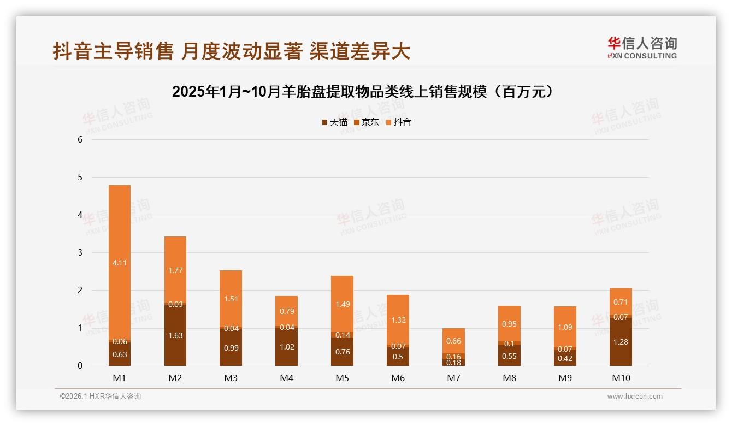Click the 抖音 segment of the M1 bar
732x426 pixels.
coord(120,262)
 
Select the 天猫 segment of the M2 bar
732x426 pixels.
coord(175,335)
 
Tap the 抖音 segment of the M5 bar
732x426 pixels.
coord(343,304)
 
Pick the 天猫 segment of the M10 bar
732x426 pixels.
coord(621,342)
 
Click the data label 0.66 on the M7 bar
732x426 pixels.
coord(453,341)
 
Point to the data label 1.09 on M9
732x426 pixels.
coord(565,327)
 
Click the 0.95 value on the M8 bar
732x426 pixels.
coord(509,324)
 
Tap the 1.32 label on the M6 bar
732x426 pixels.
coord(398,320)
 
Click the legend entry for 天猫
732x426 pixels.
coord(334,122)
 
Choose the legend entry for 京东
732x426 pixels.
coord(367,122)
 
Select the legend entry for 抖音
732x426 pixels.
coord(399,122)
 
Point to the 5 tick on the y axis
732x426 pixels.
coord(80,177)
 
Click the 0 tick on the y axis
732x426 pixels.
coord(80,366)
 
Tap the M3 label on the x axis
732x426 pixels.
coord(231,378)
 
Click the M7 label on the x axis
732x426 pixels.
coord(453,378)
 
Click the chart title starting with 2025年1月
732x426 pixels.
coord(365,92)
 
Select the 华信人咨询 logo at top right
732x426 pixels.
coord(642,48)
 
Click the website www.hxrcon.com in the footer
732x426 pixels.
coord(634,397)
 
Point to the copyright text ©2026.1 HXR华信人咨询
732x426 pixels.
coord(101,397)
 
